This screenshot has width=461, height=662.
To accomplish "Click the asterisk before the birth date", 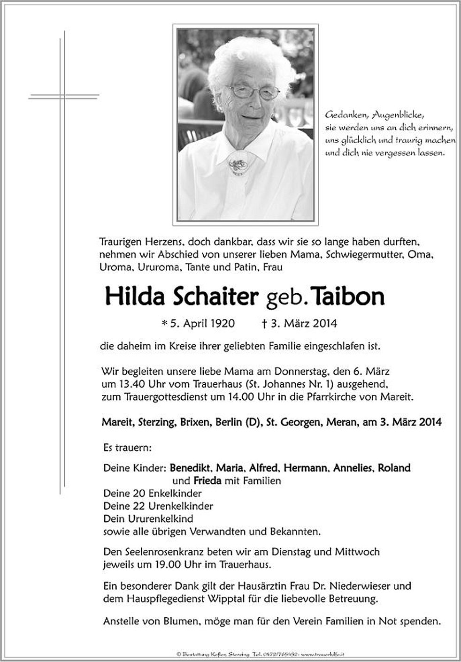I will tap(164, 323).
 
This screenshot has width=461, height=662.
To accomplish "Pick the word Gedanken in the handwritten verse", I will tap(342, 114).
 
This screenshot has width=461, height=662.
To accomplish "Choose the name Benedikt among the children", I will tap(191, 468).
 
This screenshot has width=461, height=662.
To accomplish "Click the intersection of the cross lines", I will tap(61, 96).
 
